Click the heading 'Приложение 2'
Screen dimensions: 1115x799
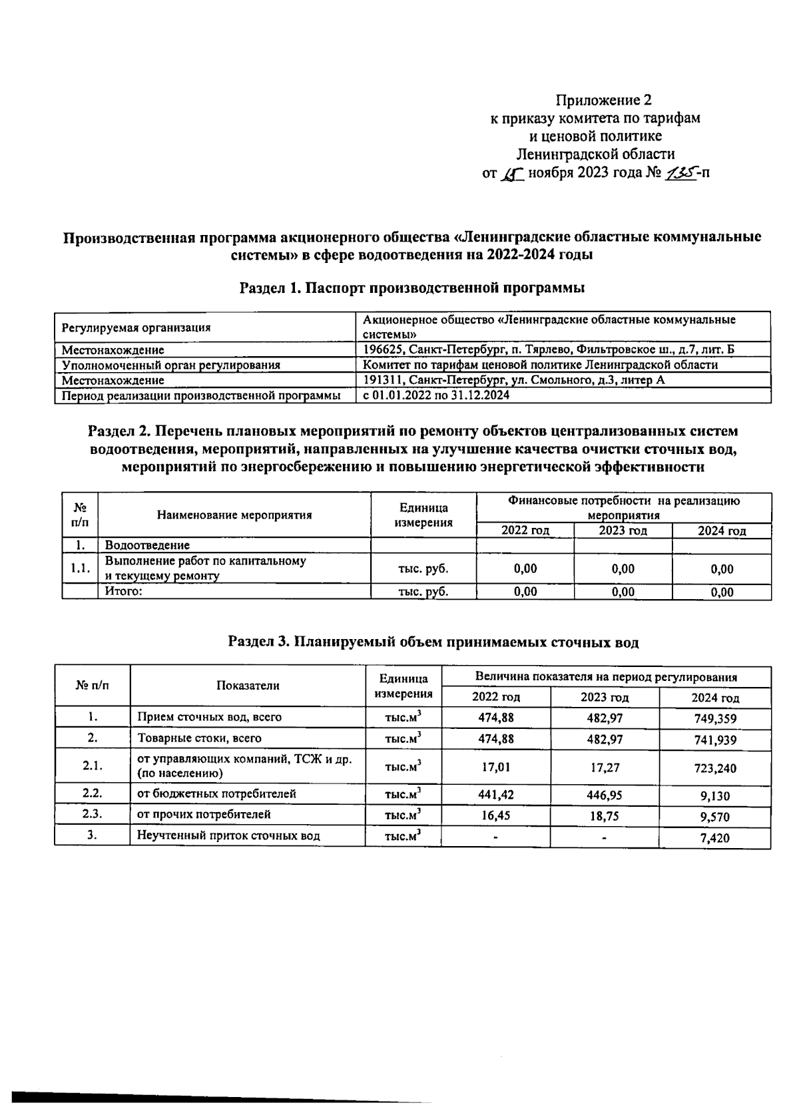click(x=603, y=100)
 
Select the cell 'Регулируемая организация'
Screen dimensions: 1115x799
click(x=136, y=328)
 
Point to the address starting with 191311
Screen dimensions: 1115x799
click(x=513, y=380)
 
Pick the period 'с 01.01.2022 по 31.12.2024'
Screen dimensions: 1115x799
click(x=436, y=395)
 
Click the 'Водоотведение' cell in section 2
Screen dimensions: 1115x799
click(x=147, y=545)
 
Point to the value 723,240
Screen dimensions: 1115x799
click(x=715, y=768)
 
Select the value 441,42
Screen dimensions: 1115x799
click(x=496, y=794)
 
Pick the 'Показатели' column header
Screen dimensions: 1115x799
click(x=248, y=686)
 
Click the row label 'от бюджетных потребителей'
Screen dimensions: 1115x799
click(x=216, y=793)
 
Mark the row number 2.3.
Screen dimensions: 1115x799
click(x=93, y=814)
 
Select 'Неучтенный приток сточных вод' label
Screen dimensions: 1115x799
click(x=228, y=836)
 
